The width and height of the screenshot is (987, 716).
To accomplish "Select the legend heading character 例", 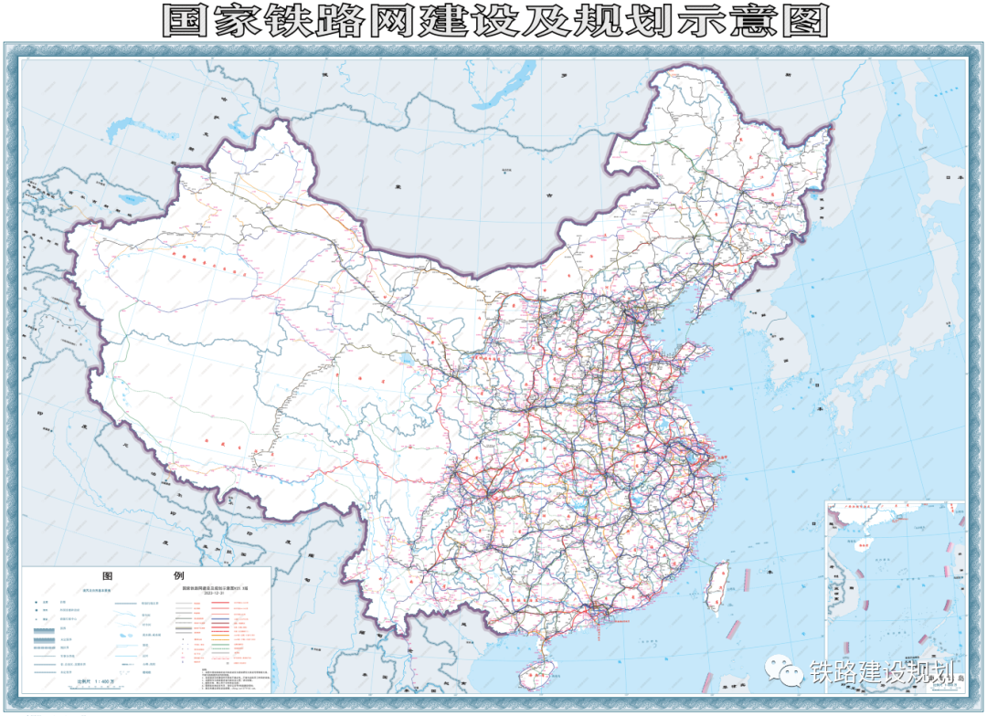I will click(178, 577).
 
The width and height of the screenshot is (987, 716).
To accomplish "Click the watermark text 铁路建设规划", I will click(881, 672).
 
